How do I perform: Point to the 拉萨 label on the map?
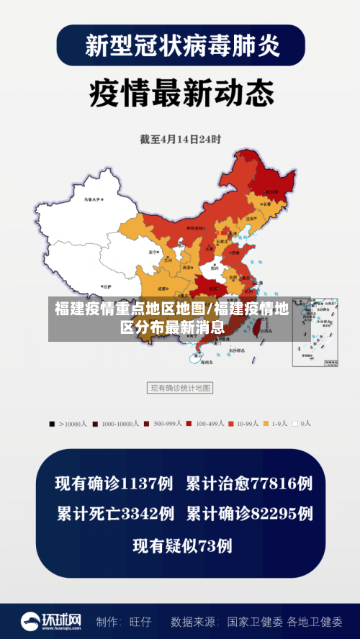click(107, 286)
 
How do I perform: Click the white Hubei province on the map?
click(215, 273)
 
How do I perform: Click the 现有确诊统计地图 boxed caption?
click(180, 388)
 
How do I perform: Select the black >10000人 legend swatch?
click(52, 424)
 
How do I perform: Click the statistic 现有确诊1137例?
click(114, 483)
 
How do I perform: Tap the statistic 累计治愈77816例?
click(249, 483)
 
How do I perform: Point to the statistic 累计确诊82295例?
click(249, 514)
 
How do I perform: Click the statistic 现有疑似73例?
click(182, 546)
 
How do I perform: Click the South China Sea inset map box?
click(315, 332)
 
